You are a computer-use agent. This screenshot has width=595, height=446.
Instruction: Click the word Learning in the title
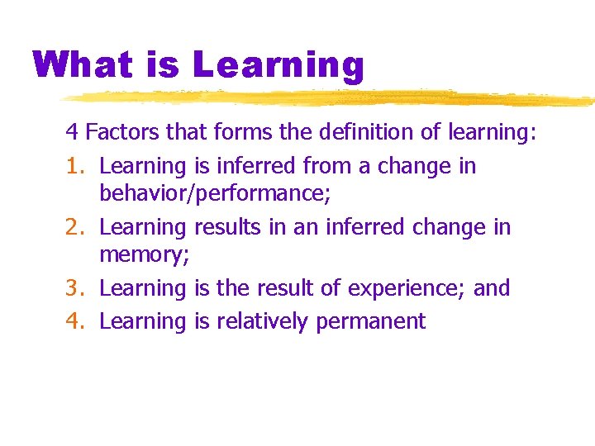(279, 64)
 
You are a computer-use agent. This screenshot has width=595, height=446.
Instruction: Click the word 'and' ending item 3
(492, 288)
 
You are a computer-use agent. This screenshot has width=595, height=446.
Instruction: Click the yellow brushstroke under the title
(331, 98)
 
